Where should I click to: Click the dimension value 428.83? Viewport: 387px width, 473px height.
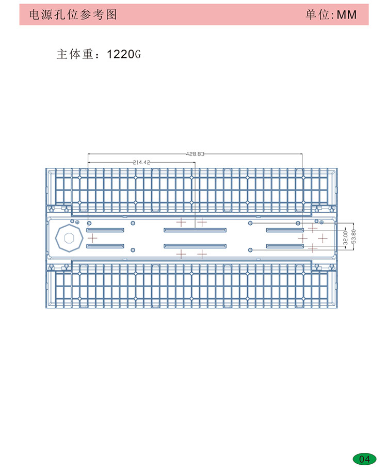coord(195,154)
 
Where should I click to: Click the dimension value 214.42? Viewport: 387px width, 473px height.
coord(141,162)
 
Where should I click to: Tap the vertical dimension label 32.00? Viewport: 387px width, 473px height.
coord(346,238)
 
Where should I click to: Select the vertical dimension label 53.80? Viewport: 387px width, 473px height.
coord(354,236)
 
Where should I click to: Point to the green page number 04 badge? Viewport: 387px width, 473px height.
coord(364,459)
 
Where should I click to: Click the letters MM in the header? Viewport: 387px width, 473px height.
coord(347,14)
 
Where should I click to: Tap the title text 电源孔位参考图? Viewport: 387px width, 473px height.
coord(73,14)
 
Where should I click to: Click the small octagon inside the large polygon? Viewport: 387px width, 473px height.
coord(69,239)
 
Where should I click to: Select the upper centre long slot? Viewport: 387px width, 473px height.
coord(195,230)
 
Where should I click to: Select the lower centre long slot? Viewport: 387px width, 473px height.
coord(195,246)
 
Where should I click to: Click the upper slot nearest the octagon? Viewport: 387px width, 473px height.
coord(105,230)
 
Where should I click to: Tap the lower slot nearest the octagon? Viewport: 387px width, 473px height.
coord(105,246)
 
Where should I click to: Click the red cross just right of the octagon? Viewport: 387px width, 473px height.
coord(92,239)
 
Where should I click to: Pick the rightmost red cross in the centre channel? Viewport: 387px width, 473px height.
coord(322,239)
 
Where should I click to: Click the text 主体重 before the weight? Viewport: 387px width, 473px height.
coord(75,54)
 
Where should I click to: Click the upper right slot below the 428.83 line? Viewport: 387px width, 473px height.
coord(285,230)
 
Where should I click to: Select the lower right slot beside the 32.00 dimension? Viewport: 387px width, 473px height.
coord(285,246)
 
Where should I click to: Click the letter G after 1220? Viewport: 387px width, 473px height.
coord(138,54)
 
